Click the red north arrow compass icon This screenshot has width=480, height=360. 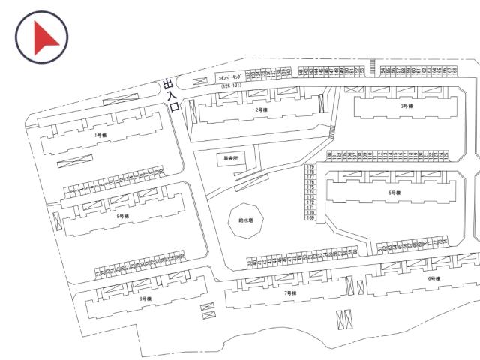click(41, 36)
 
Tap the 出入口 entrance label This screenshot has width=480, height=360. click(172, 95)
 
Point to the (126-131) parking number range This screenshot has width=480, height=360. click(231, 86)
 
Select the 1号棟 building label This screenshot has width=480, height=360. click(100, 135)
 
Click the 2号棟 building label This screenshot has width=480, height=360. click(261, 110)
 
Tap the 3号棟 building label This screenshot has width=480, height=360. click(407, 106)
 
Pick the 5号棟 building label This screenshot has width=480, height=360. click(394, 193)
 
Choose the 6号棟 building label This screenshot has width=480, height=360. click(433, 278)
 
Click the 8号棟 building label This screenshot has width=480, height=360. click(145, 298)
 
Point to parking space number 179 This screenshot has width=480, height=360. click(309, 166)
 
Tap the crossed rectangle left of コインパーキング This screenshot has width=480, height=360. click(199, 81)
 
